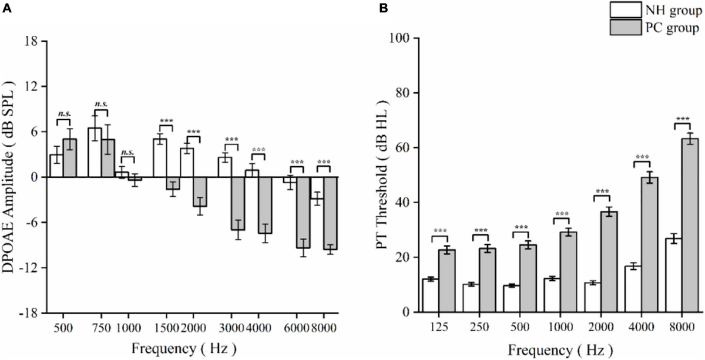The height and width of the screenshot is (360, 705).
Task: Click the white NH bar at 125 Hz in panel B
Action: [x=431, y=295]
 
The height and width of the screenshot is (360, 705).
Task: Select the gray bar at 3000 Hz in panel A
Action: [x=237, y=203]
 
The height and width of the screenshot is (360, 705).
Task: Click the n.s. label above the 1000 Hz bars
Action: [x=127, y=153]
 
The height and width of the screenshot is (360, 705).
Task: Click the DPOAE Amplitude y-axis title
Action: [x=12, y=176]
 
